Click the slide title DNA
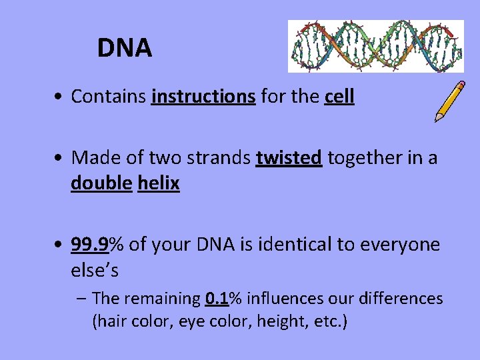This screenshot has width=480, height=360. coord(125,48)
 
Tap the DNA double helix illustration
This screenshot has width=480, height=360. coord(375,46)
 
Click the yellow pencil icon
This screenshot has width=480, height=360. coord(450,101)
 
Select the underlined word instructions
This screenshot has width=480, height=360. coord(203,97)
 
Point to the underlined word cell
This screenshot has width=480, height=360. coord(339,97)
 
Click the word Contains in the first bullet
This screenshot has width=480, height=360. coord(109,97)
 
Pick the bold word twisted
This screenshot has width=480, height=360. coord(289,158)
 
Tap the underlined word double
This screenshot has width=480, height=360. coord(101,183)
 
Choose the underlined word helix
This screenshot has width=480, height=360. coord(159,183)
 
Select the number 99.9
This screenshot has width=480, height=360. coord(90,245)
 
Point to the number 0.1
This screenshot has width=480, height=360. coord(219,298)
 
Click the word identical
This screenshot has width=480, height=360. coord(293,245)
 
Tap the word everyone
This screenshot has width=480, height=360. coord(400,245)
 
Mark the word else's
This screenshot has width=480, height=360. coord(95,270)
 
